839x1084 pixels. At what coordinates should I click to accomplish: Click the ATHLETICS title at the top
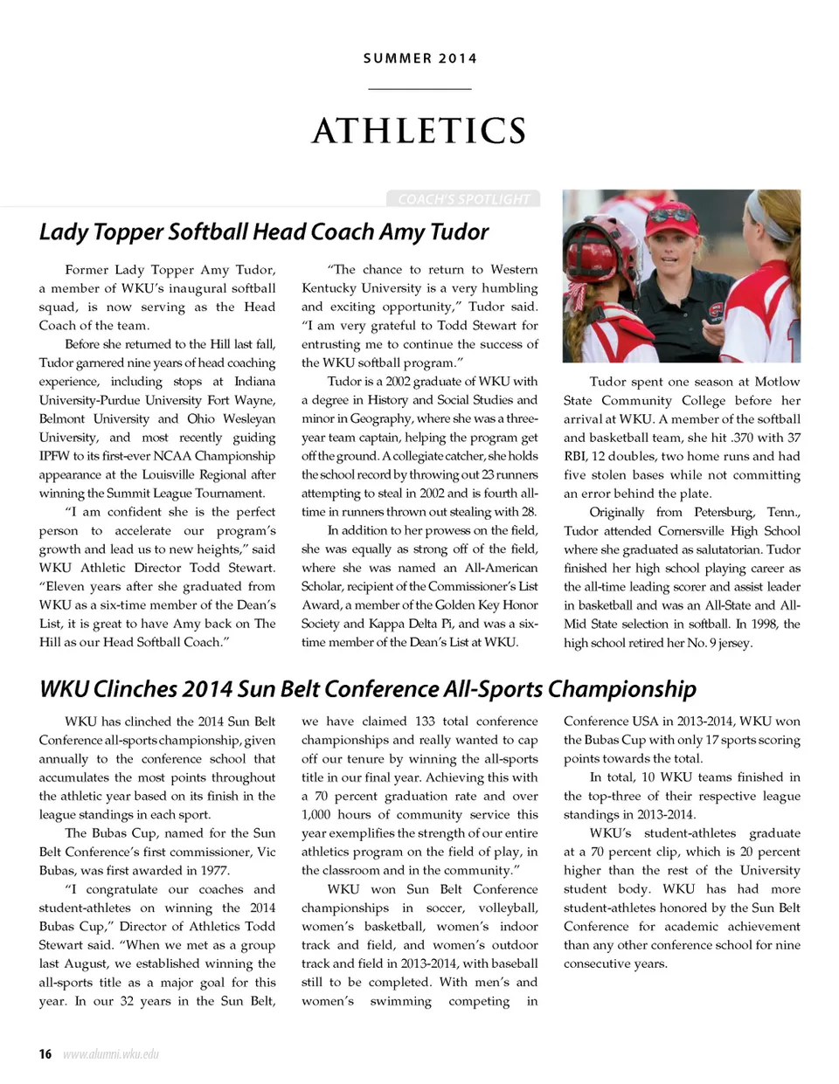tap(419, 131)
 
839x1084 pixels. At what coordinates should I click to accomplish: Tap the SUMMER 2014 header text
tap(420, 59)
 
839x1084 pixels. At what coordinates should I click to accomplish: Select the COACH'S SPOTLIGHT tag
tap(463, 199)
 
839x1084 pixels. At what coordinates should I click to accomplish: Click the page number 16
tap(45, 1053)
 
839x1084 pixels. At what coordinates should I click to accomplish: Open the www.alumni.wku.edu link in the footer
tap(111, 1054)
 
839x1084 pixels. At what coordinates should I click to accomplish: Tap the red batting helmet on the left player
tap(593, 254)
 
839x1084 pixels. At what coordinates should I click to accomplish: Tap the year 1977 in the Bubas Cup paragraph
tap(211, 870)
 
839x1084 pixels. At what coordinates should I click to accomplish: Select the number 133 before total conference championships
tap(425, 722)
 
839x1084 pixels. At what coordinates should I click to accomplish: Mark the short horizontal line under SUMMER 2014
tap(419, 89)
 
